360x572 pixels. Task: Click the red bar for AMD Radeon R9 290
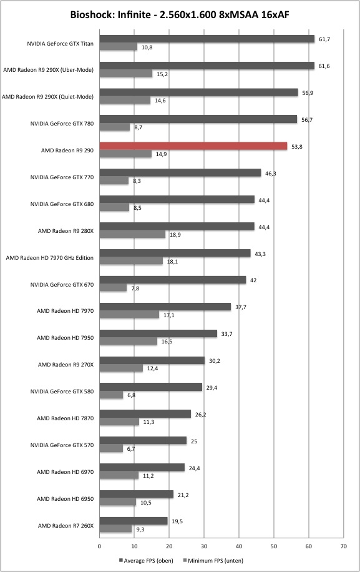193,146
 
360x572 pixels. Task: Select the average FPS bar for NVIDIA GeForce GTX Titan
207,39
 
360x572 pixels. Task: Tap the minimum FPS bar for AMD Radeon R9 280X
132,234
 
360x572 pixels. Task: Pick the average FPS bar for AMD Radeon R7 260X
134,521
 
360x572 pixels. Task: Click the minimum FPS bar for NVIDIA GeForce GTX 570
111,449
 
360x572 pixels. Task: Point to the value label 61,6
324,66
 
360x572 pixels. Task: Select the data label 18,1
172,262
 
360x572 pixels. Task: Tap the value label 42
253,280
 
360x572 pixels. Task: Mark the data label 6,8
131,395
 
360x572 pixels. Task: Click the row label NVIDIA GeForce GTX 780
62,124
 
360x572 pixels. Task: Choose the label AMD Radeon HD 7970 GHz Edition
49,258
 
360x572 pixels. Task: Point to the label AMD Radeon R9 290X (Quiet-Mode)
48,97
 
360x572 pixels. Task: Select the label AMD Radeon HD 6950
66,499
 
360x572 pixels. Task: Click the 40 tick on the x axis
239,546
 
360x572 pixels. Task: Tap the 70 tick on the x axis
344,546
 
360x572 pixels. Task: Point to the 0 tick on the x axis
99,546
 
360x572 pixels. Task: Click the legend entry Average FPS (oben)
146,561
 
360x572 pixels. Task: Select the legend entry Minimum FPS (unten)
213,561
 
